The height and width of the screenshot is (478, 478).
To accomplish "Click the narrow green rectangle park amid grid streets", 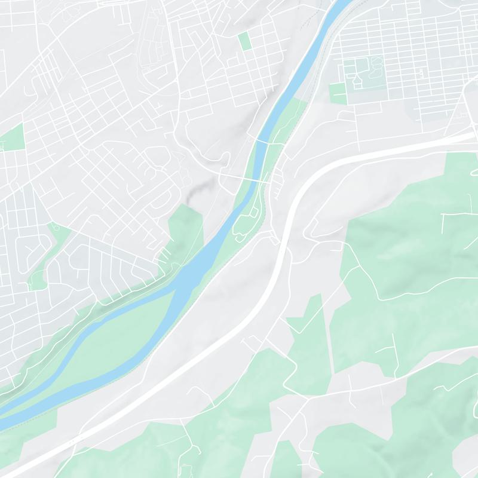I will [244, 41].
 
